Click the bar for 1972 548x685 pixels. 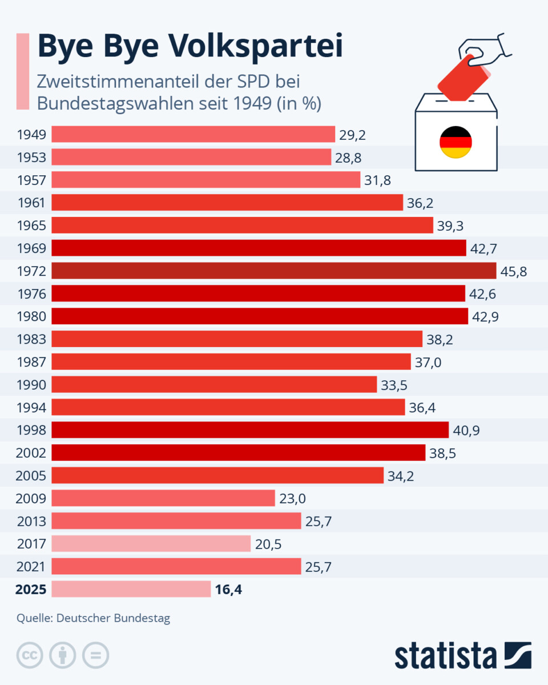[274, 271]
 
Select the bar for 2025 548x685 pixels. [131, 589]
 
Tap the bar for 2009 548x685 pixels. [163, 498]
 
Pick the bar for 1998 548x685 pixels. [250, 430]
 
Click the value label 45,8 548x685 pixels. [513, 271]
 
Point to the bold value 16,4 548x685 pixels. [228, 590]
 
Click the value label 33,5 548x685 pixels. [394, 385]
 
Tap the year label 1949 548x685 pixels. [31, 135]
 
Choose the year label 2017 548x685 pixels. [31, 544]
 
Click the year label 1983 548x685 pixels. [31, 339]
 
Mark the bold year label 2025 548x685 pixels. [31, 590]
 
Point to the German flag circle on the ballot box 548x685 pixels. [456, 143]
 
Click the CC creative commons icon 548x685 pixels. [30, 655]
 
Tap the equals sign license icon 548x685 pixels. [95, 655]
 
